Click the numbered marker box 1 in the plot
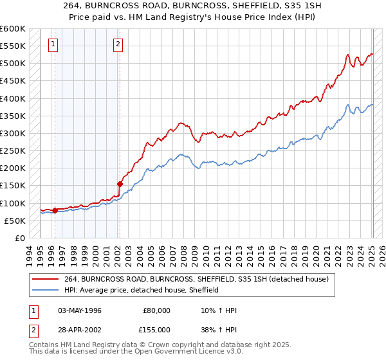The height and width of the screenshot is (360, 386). [53, 44]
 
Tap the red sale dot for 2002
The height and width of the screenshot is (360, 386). [120, 184]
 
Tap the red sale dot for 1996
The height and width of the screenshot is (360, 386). [55, 210]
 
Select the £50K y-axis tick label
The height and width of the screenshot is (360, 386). [15, 221]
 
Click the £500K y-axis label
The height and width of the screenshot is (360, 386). [13, 64]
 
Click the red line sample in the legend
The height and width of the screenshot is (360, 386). [46, 279]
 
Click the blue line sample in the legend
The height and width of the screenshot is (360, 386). [46, 290]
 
